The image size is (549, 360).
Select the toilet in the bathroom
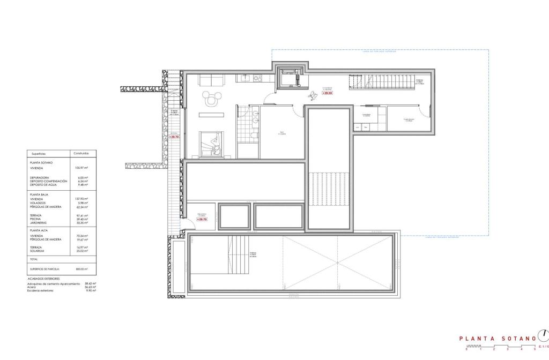pyautogui.click(x=254, y=138)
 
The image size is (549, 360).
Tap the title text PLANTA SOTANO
pyautogui.click(x=498, y=339)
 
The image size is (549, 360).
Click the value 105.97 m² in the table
pyautogui.click(x=81, y=168)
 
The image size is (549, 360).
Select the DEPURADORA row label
pyautogui.click(x=40, y=177)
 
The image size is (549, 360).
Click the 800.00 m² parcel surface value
pyautogui.click(x=81, y=269)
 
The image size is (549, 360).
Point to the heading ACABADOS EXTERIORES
pyautogui.click(x=44, y=279)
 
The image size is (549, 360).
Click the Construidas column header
pyautogui.click(x=81, y=153)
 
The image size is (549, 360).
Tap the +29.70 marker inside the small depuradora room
pyautogui.click(x=202, y=219)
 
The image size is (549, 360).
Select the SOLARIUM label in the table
pyautogui.click(x=38, y=251)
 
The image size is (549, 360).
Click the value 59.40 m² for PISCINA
pyautogui.click(x=81, y=219)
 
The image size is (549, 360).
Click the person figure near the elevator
pyautogui.click(x=311, y=95)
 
